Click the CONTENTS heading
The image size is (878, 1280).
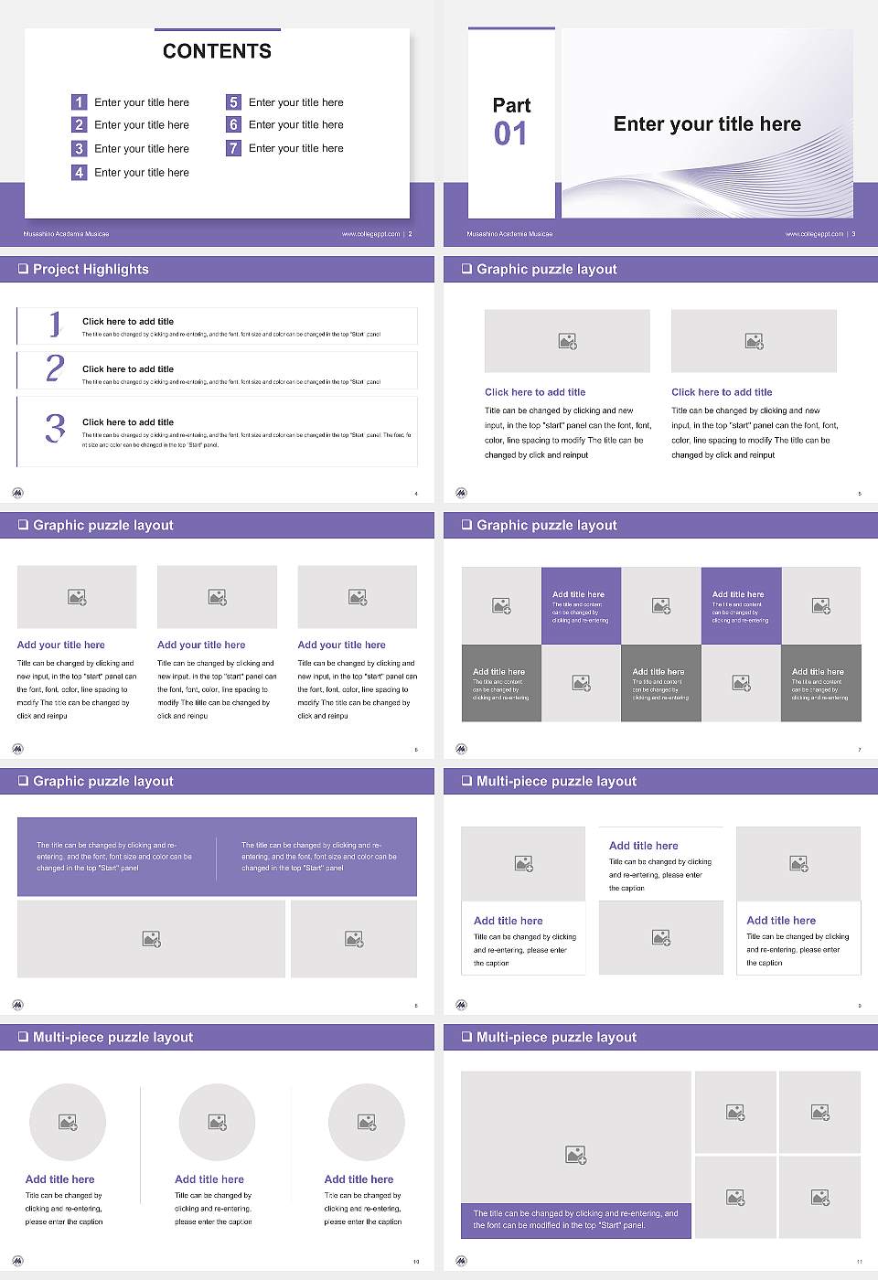point(217,51)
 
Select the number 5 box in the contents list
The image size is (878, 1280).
point(233,102)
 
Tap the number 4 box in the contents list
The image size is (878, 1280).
point(79,172)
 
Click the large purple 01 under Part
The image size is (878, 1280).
point(510,134)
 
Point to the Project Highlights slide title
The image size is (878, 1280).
point(91,269)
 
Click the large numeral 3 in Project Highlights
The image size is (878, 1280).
point(55,428)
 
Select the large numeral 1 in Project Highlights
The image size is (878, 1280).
point(55,324)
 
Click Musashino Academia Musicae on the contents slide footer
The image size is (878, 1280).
point(66,234)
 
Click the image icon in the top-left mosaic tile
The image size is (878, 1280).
point(501,605)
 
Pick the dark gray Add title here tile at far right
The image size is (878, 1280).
point(820,683)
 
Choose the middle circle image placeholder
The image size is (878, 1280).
point(217,1122)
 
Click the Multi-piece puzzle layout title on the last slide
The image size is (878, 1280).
point(556,1037)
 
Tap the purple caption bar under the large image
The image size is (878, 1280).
point(575,1220)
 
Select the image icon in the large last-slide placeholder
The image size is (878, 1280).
point(575,1156)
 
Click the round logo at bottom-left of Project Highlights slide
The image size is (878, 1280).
point(17,493)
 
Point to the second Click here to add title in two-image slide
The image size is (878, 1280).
point(722,392)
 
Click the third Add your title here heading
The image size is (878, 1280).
point(341,645)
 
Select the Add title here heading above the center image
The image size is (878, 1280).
point(643,846)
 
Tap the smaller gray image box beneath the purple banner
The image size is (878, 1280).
point(354,939)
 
